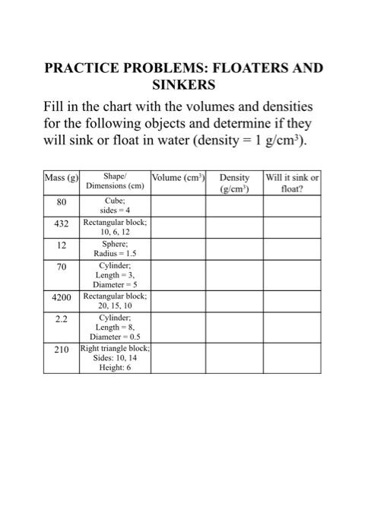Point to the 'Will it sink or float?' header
[292, 183]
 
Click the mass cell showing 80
[62, 202]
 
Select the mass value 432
[62, 224]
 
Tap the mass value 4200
[62, 299]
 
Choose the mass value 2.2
[62, 320]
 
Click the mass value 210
[62, 352]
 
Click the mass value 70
[62, 267]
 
